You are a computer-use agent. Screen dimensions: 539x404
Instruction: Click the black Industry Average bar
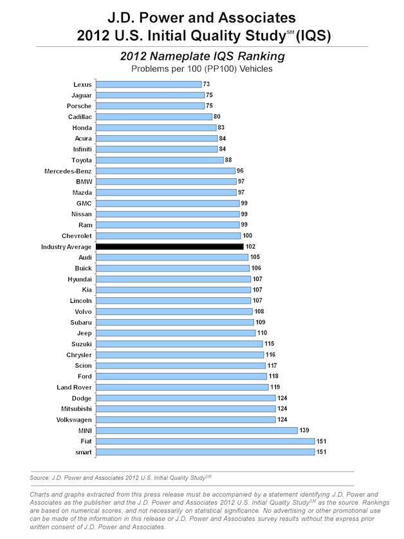point(169,246)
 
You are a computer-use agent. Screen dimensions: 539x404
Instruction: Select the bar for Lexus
point(149,84)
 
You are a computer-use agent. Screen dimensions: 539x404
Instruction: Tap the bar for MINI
point(196,430)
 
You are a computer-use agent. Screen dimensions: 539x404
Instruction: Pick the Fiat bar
point(205,441)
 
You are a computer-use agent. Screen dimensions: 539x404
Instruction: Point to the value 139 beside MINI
point(305,430)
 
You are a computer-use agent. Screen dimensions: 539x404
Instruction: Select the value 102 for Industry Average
point(251,246)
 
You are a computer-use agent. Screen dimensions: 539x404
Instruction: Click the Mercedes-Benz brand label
point(68,170)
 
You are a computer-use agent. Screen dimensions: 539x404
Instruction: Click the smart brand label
point(82,452)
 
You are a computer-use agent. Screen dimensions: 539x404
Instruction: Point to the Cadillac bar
point(154,116)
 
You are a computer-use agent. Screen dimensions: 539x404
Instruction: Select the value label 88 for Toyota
point(229,160)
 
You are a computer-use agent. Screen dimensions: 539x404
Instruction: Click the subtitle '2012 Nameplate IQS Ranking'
point(202,57)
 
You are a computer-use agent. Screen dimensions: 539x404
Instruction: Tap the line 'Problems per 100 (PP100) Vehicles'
point(202,68)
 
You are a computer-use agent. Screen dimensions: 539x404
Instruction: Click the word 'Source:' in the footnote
point(41,477)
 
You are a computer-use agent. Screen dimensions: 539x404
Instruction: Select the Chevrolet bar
point(168,235)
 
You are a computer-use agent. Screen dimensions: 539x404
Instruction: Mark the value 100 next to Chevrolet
point(248,235)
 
